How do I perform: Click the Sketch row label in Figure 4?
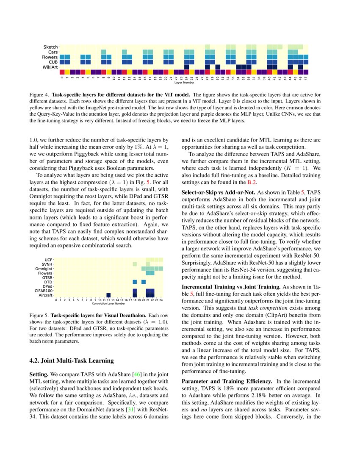pos(51,47)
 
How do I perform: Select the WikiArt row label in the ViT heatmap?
pos(50,67)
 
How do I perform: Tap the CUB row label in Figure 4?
pos(53,62)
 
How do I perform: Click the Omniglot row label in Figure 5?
pos(44,269)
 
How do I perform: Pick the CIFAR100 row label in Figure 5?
pos(44,291)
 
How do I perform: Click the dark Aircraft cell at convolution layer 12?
pos(108,295)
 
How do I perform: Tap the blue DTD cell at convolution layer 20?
pos(144,282)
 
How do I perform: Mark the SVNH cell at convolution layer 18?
pos(135,264)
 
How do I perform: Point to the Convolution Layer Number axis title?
pos(108,303)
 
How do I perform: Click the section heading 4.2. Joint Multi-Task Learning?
pos(72,361)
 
